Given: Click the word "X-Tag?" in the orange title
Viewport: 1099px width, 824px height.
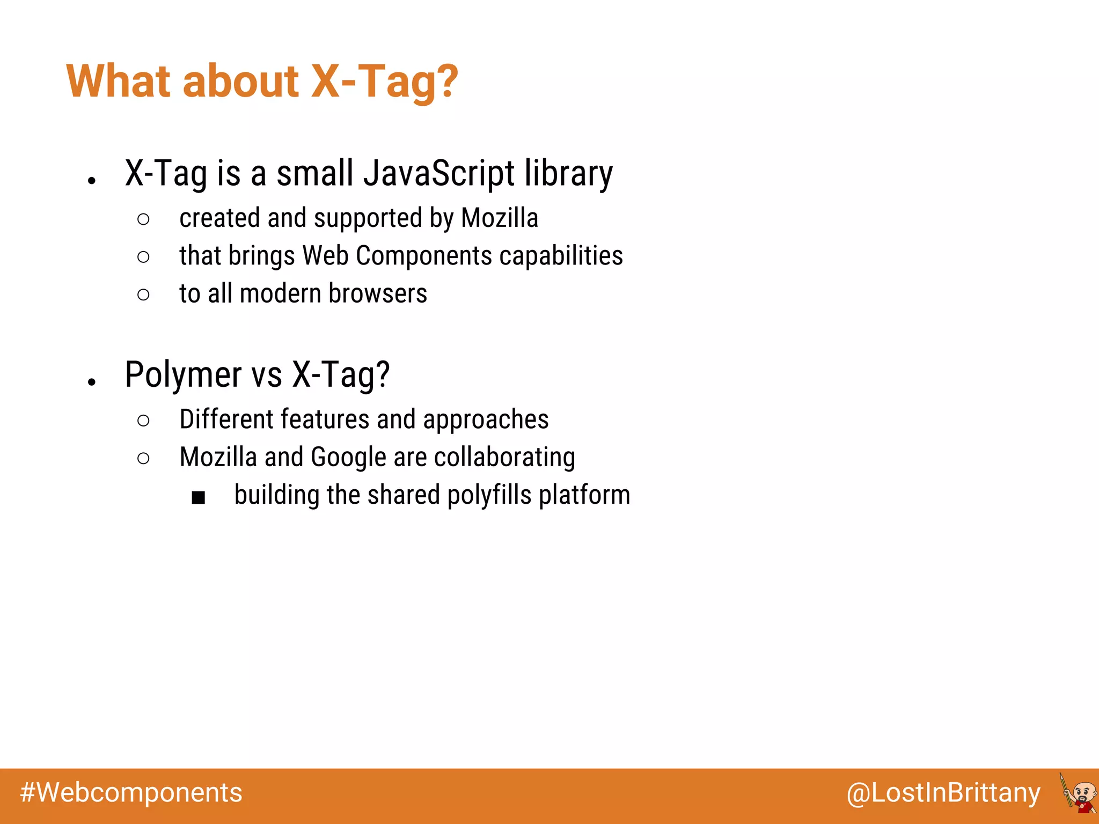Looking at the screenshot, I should point(384,82).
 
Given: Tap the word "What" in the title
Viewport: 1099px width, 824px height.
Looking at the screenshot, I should point(119,82).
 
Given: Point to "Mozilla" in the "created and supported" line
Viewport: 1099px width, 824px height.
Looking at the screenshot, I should point(499,218).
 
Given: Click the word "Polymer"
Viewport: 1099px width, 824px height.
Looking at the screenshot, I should point(183,374).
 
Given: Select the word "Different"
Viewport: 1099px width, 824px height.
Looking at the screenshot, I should point(226,420).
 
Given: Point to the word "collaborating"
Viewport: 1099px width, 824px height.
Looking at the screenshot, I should point(504,458).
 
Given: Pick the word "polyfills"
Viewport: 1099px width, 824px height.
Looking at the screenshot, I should point(489,495).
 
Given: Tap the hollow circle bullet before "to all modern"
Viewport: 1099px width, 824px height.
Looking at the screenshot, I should point(143,295).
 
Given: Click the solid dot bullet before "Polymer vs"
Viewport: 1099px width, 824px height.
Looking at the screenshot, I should point(92,382).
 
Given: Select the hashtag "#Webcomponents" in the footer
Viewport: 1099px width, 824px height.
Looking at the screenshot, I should point(131,793).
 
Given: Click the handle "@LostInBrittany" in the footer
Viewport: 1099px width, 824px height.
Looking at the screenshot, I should point(943,793).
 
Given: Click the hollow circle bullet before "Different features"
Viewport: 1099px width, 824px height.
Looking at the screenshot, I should point(143,421).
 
